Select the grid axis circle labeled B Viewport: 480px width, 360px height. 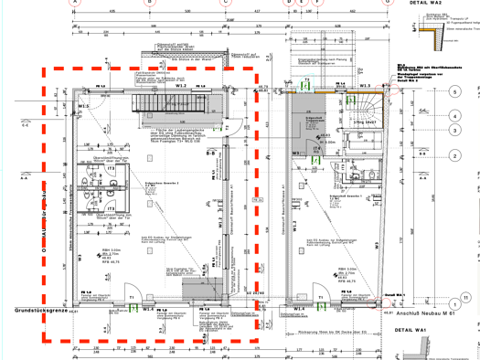[149, 3]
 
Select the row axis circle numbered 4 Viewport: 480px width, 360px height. [453, 116]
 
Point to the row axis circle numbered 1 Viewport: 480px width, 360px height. [454, 279]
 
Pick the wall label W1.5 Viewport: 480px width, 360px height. [84, 107]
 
